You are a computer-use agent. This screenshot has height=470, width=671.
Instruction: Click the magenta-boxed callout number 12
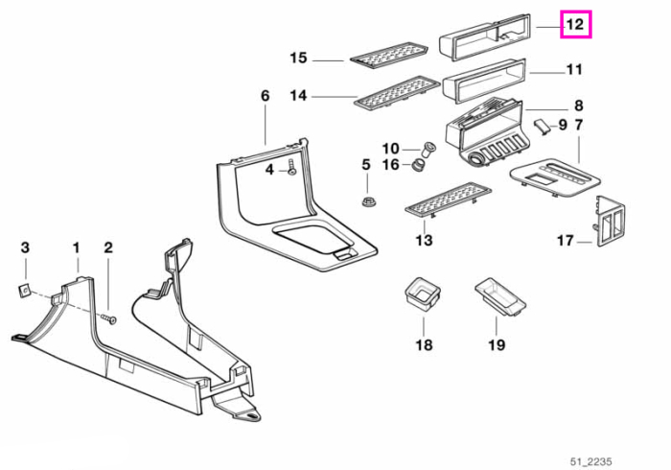pos(575,24)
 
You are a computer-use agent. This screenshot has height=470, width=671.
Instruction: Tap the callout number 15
pos(298,58)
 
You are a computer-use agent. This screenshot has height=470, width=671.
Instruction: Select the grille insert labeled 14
pos(397,93)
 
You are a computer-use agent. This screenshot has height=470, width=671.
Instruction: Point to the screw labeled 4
pos(291,167)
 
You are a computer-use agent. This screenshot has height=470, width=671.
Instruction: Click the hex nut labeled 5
pos(367,200)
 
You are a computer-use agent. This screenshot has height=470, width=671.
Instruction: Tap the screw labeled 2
pos(109,319)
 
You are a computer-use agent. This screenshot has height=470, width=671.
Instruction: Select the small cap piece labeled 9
pos(541,127)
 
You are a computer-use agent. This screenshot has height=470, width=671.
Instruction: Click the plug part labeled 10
pos(428,150)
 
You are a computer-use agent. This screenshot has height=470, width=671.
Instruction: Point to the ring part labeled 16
pos(417,165)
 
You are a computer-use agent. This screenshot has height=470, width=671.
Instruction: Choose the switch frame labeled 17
pos(608,223)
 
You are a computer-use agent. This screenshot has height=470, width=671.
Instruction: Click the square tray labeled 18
pos(423,293)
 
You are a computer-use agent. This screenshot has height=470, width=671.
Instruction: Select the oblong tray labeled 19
pos(500,297)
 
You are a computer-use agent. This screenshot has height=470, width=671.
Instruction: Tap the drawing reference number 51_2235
pos(590,461)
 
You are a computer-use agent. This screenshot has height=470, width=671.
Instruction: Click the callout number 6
pos(266,96)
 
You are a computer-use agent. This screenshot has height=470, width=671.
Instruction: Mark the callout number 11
pos(574,69)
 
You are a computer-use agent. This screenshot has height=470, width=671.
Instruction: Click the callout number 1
pos(76,247)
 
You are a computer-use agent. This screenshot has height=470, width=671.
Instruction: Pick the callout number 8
pos(579,106)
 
